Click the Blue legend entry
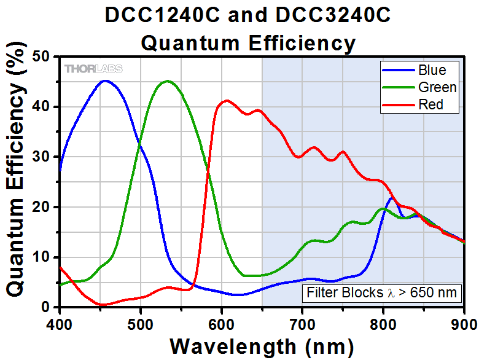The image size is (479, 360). (x=419, y=69)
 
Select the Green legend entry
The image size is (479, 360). (x=419, y=87)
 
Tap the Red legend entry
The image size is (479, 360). (x=419, y=105)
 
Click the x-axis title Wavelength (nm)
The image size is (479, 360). (x=262, y=345)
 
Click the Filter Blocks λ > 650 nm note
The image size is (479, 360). (x=381, y=292)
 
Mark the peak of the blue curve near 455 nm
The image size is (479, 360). (x=104, y=80)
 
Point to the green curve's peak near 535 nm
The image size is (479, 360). (x=167, y=80)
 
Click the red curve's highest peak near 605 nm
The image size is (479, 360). (x=227, y=100)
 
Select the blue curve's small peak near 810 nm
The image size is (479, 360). (x=392, y=198)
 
